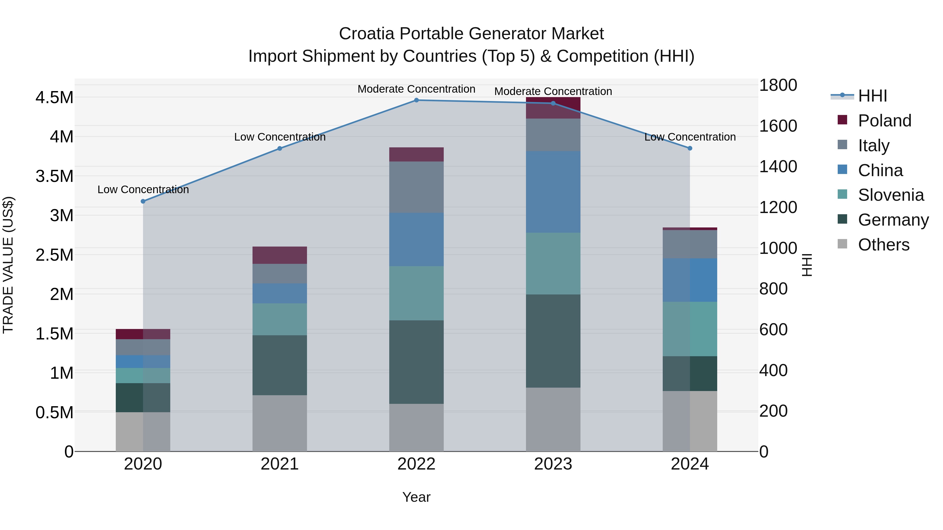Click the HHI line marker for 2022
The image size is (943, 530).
coord(416,100)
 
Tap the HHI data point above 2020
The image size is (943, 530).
coord(143,202)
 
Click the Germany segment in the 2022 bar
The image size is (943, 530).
coord(416,362)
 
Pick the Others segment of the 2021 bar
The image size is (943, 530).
coord(280,423)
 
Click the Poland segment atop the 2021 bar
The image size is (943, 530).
coord(280,255)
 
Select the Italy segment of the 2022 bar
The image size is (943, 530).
coord(416,187)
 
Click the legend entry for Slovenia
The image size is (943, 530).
coord(891,195)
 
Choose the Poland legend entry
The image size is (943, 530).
coord(884,121)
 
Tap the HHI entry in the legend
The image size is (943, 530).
coord(872,96)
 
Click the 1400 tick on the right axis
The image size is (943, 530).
coord(778,167)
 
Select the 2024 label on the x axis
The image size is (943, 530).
coord(690,464)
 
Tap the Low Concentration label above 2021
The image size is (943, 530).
coord(280,137)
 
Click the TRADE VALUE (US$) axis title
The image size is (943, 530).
coord(8,265)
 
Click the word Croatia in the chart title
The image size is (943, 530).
coord(366,34)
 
